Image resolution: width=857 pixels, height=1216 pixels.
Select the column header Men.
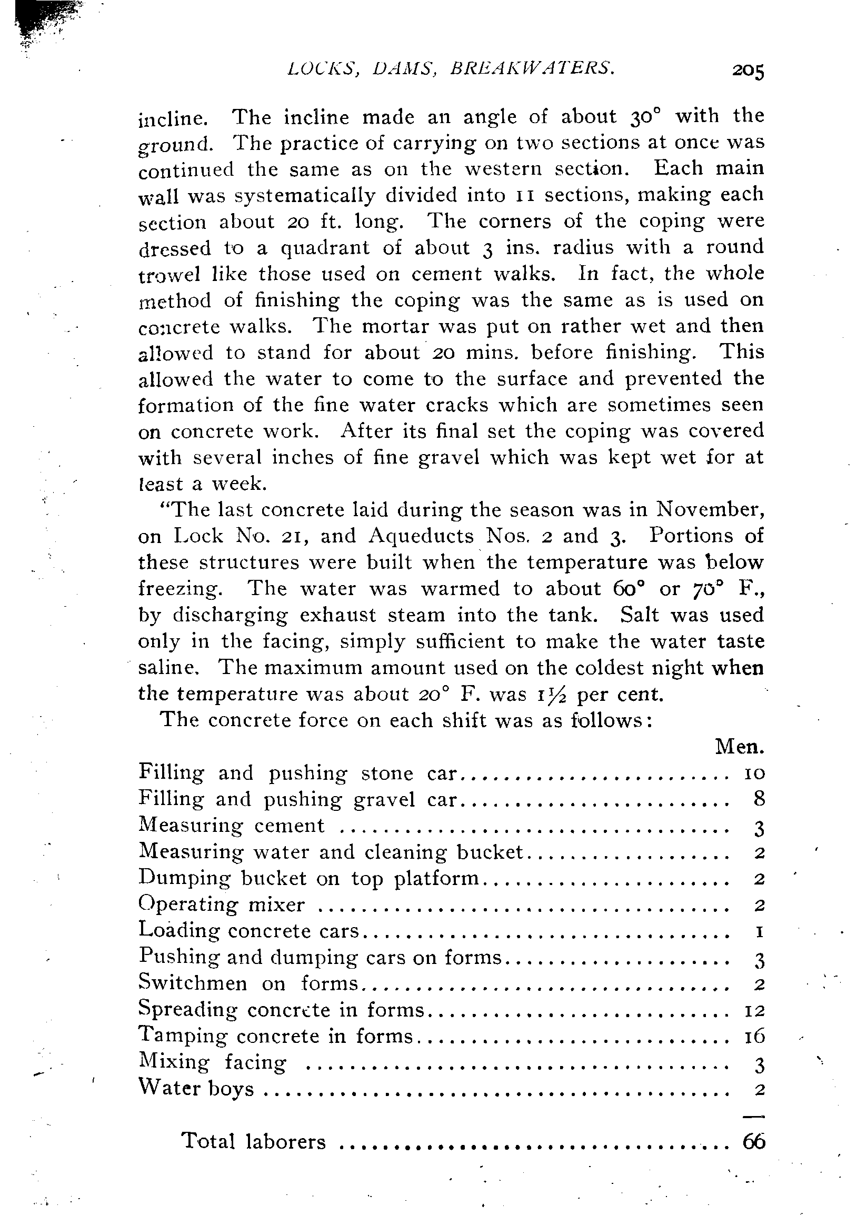739,747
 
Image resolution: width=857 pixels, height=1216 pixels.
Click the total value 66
754,1141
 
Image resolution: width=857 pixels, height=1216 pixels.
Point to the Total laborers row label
253,1141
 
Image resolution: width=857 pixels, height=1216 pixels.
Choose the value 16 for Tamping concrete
754,1036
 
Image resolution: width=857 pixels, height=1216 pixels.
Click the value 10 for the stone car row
754,774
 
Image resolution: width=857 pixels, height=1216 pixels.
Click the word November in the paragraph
710,510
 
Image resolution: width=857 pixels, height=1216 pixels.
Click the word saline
168,668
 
